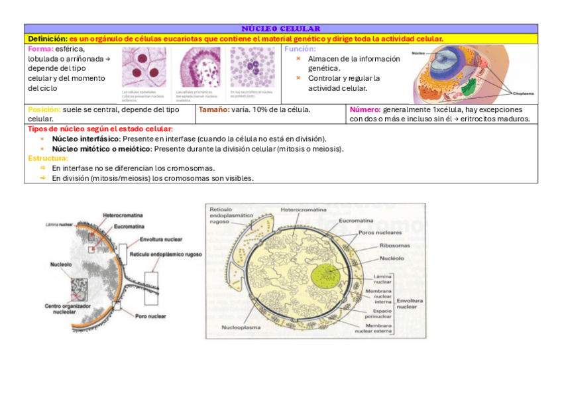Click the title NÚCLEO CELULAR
pos(281,28)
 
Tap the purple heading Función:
pos(300,49)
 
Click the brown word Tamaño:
pos(213,109)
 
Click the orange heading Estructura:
pos(48,158)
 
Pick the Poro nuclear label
pos(150,316)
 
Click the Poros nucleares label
pos(380,233)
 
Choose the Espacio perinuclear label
pos(382,313)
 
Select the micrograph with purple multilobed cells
pos(253,68)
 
